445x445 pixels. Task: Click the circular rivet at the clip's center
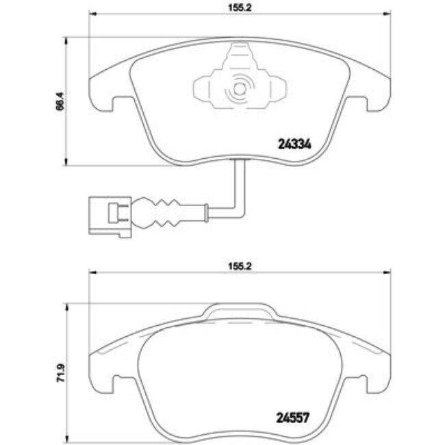239,88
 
